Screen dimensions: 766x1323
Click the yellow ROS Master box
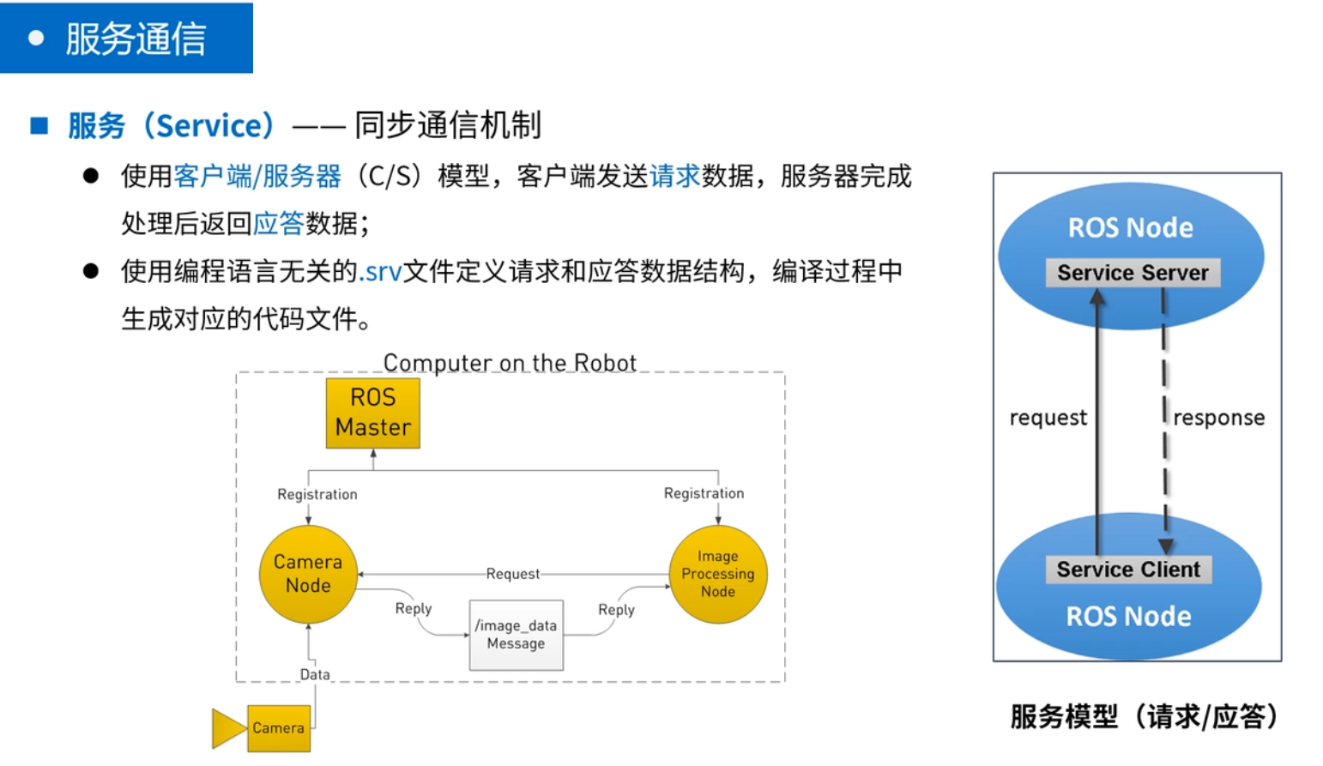[x=373, y=413]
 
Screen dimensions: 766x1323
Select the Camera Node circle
[x=308, y=574]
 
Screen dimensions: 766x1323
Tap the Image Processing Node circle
[x=718, y=574]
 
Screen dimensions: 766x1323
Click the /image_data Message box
[x=517, y=635]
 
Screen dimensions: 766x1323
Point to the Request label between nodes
[x=513, y=574]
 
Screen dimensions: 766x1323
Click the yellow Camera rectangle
[x=279, y=728]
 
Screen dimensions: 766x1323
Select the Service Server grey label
[x=1133, y=273]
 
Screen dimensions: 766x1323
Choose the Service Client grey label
[x=1128, y=570]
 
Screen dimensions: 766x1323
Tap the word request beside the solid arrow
[x=1048, y=418]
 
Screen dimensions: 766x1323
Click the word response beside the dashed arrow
[x=1218, y=418]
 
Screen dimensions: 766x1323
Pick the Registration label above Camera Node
[x=317, y=494]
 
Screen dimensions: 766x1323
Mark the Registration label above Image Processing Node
[x=704, y=493]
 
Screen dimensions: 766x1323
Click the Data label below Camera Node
[x=315, y=674]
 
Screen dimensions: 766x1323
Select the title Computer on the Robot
[x=510, y=363]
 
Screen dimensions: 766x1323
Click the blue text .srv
[x=380, y=272]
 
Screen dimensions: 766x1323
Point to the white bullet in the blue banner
[x=36, y=39]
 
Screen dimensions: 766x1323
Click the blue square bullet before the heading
[x=39, y=126]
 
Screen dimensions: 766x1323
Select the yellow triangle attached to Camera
[x=228, y=728]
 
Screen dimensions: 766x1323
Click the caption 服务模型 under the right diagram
[x=1064, y=716]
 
